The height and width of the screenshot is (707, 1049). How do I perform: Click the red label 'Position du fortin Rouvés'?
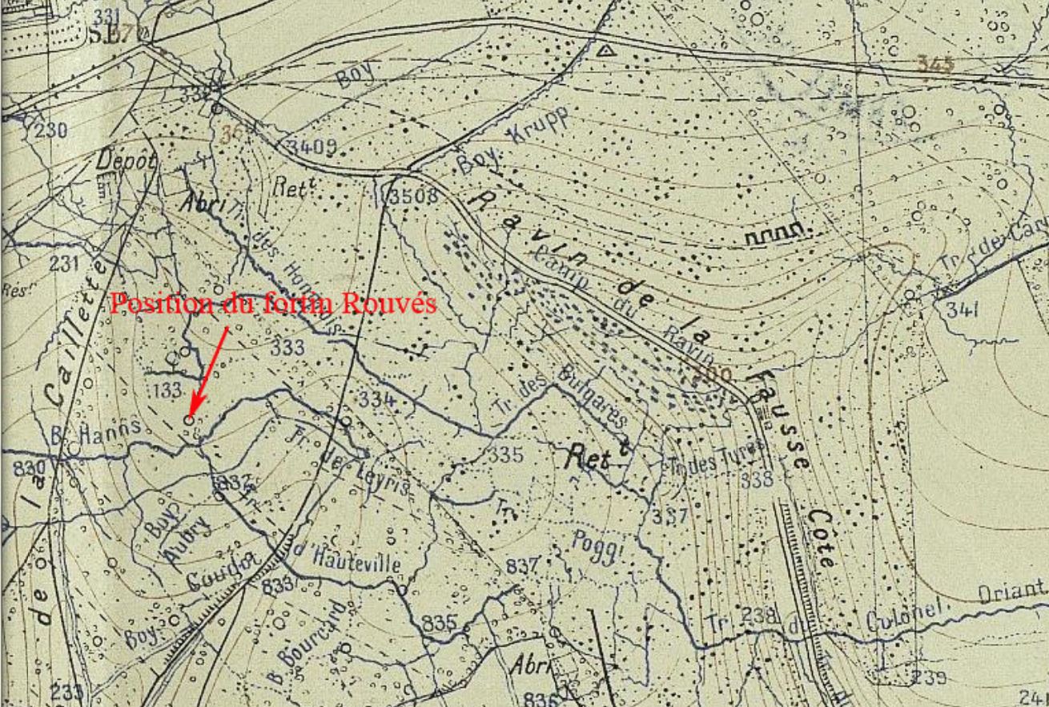[x=273, y=305]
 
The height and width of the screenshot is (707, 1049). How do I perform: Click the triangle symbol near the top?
[x=606, y=50]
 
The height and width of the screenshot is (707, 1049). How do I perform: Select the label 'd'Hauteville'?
[x=344, y=558]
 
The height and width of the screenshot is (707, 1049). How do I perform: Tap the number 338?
[x=756, y=479]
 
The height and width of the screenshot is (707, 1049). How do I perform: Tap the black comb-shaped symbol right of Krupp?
[x=775, y=234]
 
